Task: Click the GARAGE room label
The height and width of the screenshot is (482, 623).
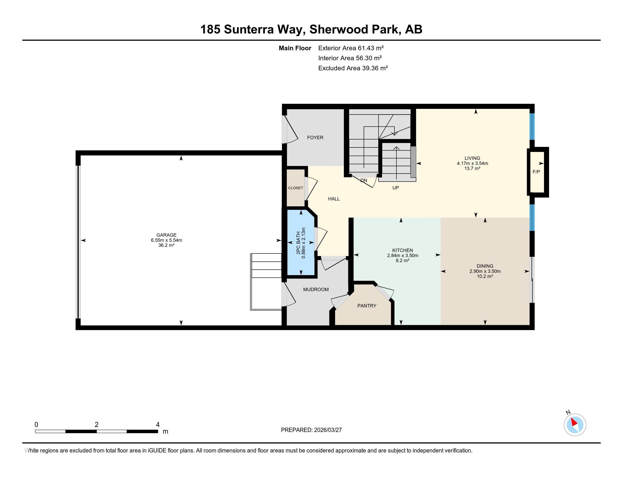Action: coord(166,235)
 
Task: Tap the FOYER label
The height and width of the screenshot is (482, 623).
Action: coord(315,138)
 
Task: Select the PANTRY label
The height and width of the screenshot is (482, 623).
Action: coord(367,306)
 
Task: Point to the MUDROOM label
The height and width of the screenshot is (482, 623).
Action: coord(316,289)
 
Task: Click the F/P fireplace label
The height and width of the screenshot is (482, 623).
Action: coord(536,172)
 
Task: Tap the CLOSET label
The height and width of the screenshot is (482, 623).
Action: coord(296,188)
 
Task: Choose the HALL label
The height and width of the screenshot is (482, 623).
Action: coord(334,199)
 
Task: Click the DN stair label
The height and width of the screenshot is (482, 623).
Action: coord(364,180)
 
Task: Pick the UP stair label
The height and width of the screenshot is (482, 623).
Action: coord(396,188)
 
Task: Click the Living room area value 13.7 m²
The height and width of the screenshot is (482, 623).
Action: coord(472,168)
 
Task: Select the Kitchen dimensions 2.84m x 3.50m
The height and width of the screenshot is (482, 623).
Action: coord(402,255)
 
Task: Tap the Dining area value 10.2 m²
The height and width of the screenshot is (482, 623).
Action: coord(485,276)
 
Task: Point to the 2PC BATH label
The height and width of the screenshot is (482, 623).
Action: coord(298,243)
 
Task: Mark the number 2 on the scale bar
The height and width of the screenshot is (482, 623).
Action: coord(96,425)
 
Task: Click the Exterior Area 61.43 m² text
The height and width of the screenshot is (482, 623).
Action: coord(351,48)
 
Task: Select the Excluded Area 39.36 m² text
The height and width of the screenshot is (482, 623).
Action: coord(353,68)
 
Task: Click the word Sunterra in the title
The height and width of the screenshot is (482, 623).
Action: coord(249,29)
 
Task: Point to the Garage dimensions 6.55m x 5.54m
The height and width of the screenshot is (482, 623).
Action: coord(166,240)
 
